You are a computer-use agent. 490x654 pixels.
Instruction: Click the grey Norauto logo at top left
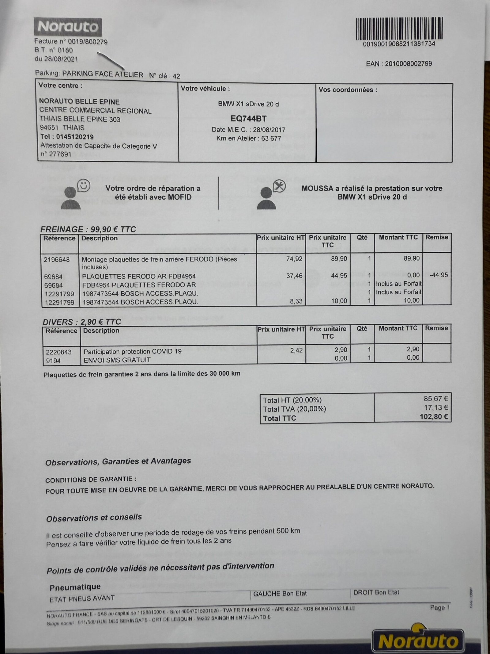pyautogui.click(x=68, y=27)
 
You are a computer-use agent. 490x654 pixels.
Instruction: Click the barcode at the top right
pyautogui.click(x=399, y=29)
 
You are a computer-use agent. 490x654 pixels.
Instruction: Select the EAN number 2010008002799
pyautogui.click(x=408, y=63)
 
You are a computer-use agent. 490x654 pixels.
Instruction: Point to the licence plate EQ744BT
pyautogui.click(x=248, y=119)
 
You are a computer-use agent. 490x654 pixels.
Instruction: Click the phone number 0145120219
pyautogui.click(x=75, y=137)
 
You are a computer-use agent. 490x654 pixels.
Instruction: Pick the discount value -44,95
pyautogui.click(x=439, y=275)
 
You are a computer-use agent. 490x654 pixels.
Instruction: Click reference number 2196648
pyautogui.click(x=57, y=260)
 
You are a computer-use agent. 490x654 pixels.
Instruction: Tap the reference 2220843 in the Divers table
pyautogui.click(x=59, y=352)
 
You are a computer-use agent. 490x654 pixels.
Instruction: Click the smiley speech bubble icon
pyautogui.click(x=84, y=185)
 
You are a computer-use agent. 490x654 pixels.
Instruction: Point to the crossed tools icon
pyautogui.click(x=279, y=186)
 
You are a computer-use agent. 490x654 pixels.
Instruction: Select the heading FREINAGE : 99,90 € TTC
pyautogui.click(x=88, y=229)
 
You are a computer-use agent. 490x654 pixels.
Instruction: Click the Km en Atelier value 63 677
pyautogui.click(x=271, y=138)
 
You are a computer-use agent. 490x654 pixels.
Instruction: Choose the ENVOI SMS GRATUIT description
pyautogui.click(x=117, y=360)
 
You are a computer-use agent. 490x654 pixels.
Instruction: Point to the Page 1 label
pyautogui.click(x=440, y=607)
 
